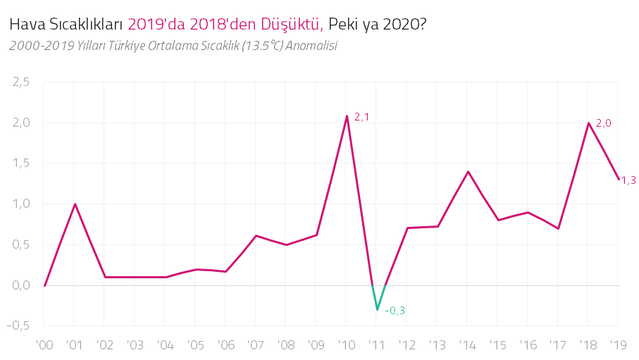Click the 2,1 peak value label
[x=361, y=117]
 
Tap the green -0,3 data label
[x=395, y=311]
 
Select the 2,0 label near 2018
[x=604, y=123]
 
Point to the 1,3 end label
[x=628, y=180]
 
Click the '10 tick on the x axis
[x=346, y=346]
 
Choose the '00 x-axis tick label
[x=44, y=346]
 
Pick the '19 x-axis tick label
[x=618, y=346]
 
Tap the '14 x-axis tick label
[x=467, y=346]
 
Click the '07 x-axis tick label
[x=256, y=346]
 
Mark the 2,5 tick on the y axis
[x=21, y=82]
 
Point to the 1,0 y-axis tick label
[x=21, y=204]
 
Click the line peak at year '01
[x=75, y=204]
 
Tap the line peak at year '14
[x=468, y=171]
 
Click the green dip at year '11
[x=378, y=309]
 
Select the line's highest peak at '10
[x=347, y=116]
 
